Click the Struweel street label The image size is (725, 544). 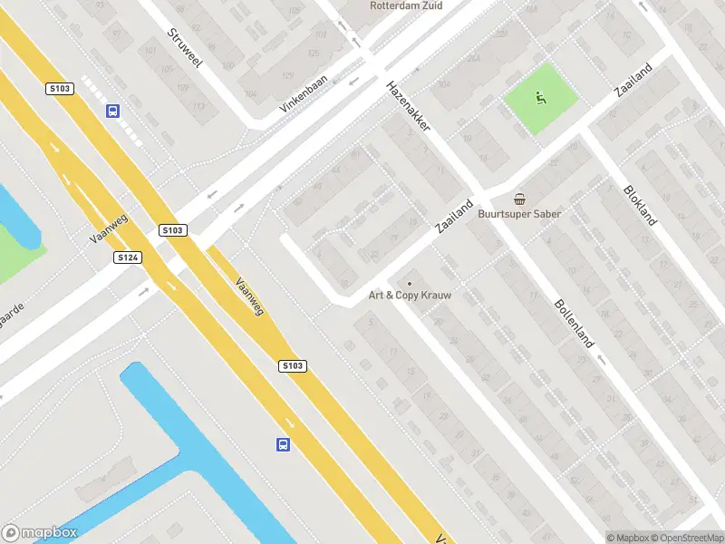pos(185,48)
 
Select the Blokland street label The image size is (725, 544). pos(642,206)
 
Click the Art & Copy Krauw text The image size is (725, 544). pos(410,296)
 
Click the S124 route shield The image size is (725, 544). pos(128,257)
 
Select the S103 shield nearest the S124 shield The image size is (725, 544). pos(172,230)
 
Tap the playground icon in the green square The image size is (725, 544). pos(542,98)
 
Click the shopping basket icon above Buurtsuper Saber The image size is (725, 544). pos(520,199)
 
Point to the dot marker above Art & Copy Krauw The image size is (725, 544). pos(410,283)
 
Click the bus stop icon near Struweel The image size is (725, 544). pos(112,112)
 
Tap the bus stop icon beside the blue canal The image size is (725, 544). pos(284,444)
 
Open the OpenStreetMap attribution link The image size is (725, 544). pos(685,538)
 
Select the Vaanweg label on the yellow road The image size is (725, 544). pos(249,296)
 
